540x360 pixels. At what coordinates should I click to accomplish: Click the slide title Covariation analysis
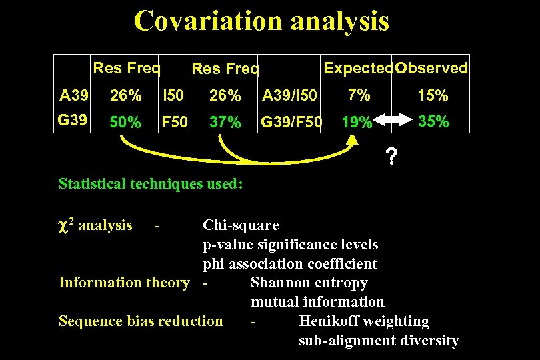click(x=261, y=21)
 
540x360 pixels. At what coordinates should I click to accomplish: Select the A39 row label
click(x=74, y=95)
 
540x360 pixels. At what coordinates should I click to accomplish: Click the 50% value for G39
click(x=125, y=123)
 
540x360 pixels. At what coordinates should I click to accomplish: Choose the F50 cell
click(x=175, y=123)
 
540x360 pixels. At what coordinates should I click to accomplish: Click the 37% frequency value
click(x=225, y=123)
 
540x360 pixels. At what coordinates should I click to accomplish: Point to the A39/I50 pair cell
click(x=290, y=96)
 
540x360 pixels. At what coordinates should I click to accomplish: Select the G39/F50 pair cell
click(x=291, y=123)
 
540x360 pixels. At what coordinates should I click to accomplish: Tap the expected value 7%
click(x=359, y=95)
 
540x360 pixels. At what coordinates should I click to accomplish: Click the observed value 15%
click(x=433, y=96)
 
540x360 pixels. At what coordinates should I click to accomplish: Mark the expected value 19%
click(x=356, y=123)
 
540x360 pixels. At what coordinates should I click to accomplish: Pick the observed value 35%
click(x=433, y=122)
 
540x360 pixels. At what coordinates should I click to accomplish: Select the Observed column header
click(x=432, y=68)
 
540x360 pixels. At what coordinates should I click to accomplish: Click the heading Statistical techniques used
click(x=151, y=183)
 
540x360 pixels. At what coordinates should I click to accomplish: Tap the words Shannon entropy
click(x=309, y=283)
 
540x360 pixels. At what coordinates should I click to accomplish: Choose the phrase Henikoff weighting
click(x=364, y=321)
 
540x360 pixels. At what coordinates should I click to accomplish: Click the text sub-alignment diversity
click(x=379, y=341)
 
